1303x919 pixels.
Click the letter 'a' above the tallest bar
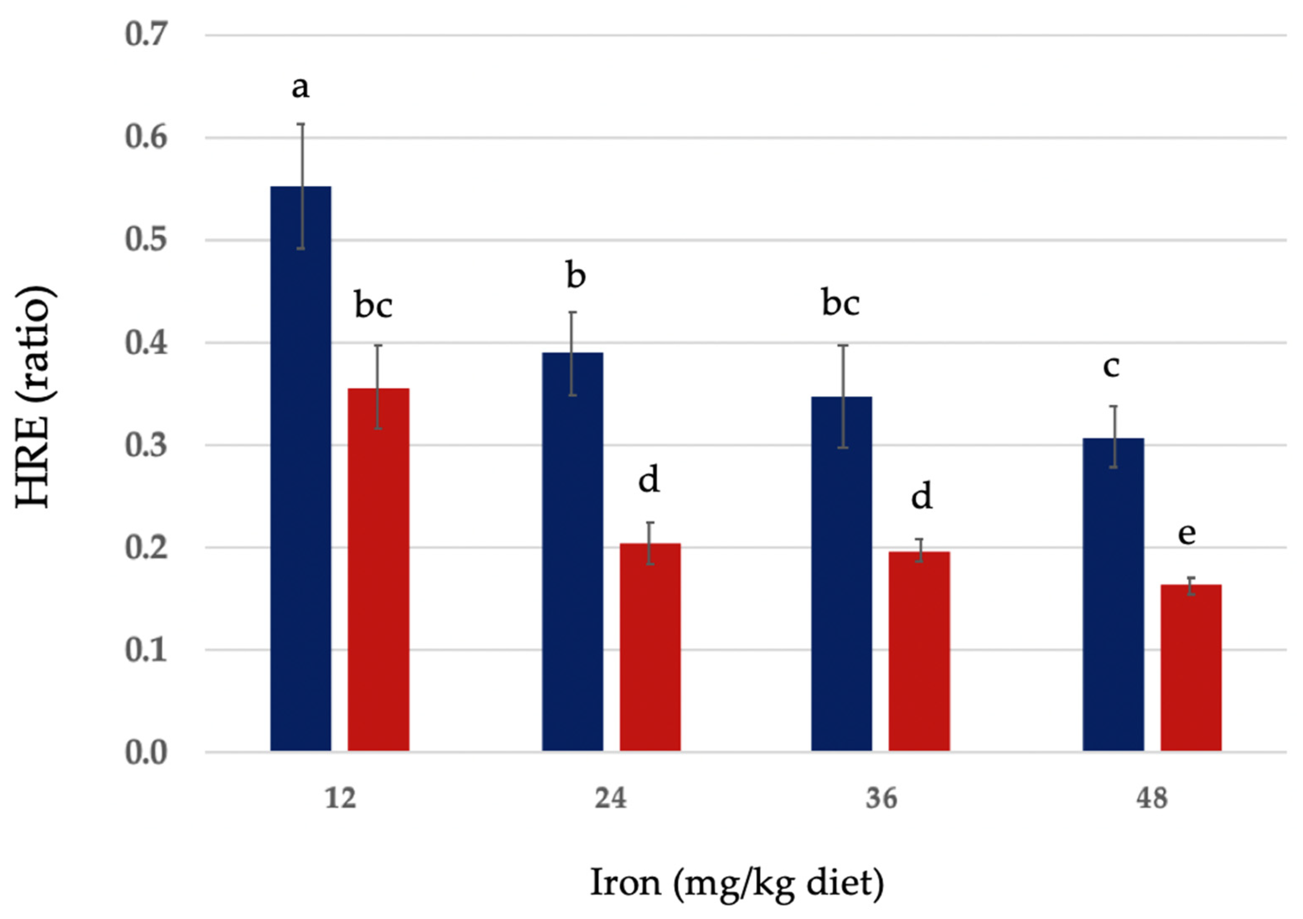tap(300, 88)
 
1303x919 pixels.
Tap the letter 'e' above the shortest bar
tap(1187, 533)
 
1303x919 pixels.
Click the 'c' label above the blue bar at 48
tap(1111, 366)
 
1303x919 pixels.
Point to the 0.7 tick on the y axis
tap(146, 34)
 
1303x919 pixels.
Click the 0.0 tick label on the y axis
tap(146, 752)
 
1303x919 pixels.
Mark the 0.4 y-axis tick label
tap(146, 342)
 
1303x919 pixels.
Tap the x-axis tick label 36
tap(882, 799)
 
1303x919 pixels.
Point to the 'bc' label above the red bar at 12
tap(373, 305)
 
